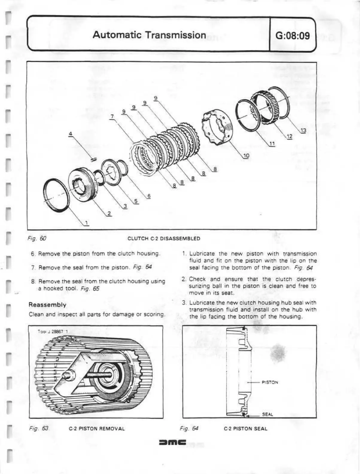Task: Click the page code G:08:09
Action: click(x=293, y=36)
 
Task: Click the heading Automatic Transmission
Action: click(x=149, y=35)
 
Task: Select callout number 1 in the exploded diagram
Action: click(x=86, y=223)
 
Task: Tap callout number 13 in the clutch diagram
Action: click(x=303, y=130)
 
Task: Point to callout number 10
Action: click(x=246, y=155)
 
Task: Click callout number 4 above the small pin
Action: click(x=71, y=134)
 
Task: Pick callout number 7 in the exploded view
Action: click(x=112, y=116)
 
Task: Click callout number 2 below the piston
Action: click(x=109, y=213)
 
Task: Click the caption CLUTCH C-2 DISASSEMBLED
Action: click(x=164, y=239)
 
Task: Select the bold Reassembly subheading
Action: click(x=47, y=305)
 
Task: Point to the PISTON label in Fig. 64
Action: click(x=270, y=382)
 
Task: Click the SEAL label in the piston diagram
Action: click(x=267, y=414)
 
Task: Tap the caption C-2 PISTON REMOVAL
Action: click(x=97, y=429)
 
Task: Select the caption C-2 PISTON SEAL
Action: click(x=245, y=429)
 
